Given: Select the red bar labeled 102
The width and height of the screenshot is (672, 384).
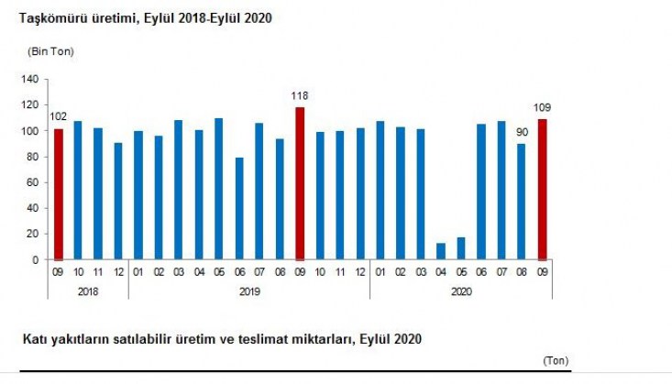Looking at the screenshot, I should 58,194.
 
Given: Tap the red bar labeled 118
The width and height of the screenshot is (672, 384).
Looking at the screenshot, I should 299,183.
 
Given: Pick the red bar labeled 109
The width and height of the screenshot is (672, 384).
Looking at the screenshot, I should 541,189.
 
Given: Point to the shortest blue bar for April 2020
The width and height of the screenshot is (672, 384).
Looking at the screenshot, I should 440,251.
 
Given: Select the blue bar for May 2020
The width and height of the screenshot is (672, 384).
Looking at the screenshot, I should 460,248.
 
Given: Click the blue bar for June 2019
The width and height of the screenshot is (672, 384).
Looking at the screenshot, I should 238,209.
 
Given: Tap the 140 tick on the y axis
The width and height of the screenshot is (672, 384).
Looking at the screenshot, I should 28,80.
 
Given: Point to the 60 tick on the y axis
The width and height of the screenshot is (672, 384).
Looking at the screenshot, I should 31,182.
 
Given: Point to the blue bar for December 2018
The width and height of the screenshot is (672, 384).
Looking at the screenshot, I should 118,201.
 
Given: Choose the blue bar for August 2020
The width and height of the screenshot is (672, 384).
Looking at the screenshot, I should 521,201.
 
